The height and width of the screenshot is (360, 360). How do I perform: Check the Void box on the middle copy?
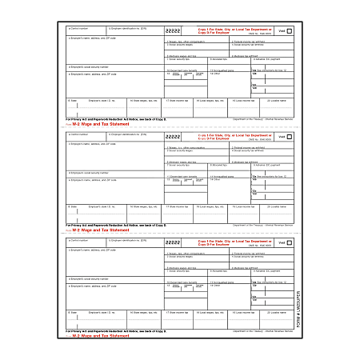[x=289, y=138]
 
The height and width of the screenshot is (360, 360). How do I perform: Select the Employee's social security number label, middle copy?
[x=89, y=172]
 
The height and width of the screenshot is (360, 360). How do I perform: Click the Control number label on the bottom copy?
[x=79, y=238]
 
